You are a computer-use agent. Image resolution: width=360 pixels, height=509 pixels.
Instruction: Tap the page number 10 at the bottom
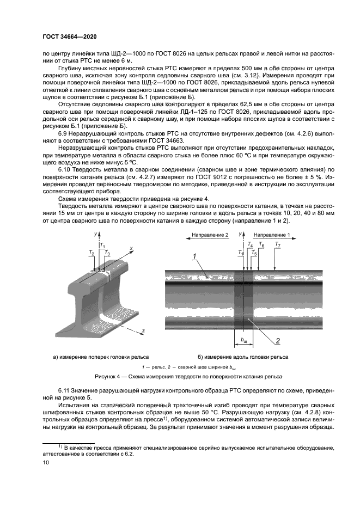(45, 462)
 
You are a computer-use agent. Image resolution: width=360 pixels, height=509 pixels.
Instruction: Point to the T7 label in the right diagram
(278, 245)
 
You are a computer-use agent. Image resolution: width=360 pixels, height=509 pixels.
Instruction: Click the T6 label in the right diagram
(262, 245)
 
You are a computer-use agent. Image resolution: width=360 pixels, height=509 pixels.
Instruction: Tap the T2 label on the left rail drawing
(91, 254)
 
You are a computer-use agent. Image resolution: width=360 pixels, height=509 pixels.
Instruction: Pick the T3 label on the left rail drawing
(107, 254)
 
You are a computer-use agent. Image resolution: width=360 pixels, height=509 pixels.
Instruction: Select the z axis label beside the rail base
(142, 330)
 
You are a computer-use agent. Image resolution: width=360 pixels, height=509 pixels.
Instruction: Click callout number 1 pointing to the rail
(194, 255)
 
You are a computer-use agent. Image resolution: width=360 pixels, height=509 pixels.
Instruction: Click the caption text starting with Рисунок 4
(180, 376)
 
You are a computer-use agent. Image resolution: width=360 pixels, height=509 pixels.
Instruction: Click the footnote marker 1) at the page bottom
(46, 446)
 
